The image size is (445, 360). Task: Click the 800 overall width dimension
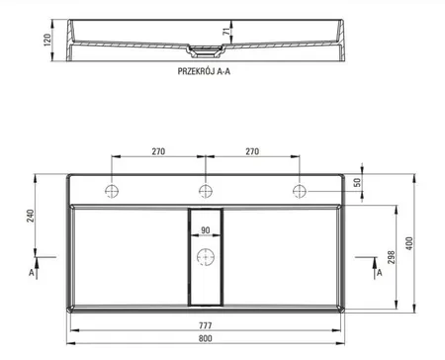(206, 337)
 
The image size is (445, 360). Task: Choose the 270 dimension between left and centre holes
(157, 154)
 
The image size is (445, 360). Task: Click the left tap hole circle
(111, 190)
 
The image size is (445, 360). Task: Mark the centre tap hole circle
(205, 190)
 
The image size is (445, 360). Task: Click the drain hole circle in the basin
(205, 260)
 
